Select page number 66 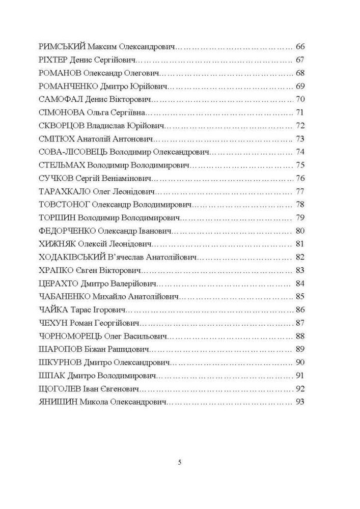point(300,46)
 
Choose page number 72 point(300,125)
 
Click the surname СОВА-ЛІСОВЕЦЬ point(73,152)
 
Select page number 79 point(300,218)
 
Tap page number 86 point(300,310)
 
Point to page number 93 point(300,402)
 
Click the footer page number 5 point(180,463)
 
